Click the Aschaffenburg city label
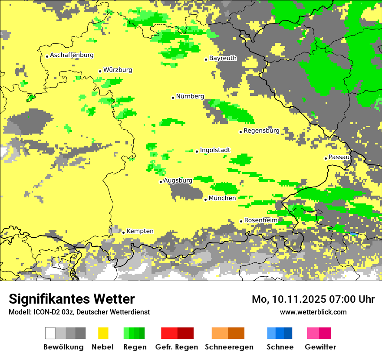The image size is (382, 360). coord(72,55)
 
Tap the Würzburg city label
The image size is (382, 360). coord(118,70)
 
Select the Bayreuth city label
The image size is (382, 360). coord(223,58)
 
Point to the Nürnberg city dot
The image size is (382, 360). coord(173,98)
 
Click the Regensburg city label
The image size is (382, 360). coord(261,131)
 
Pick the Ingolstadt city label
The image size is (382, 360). coord(215,150)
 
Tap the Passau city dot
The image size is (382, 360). coord(326,158)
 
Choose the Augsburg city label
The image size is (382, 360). coord(178,180)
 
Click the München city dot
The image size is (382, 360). coord(205,200)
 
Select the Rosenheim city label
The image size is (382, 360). coord(261,220)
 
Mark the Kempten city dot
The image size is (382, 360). coord(123,232)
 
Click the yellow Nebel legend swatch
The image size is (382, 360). coord(103,333)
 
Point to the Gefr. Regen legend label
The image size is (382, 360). coord(177,347)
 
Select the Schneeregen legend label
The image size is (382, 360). coord(228,347)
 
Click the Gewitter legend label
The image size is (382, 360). coord(320,347)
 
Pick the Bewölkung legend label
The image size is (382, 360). coord(63,347)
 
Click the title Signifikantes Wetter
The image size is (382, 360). coord(72,299)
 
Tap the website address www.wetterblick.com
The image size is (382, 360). coord(313,312)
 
